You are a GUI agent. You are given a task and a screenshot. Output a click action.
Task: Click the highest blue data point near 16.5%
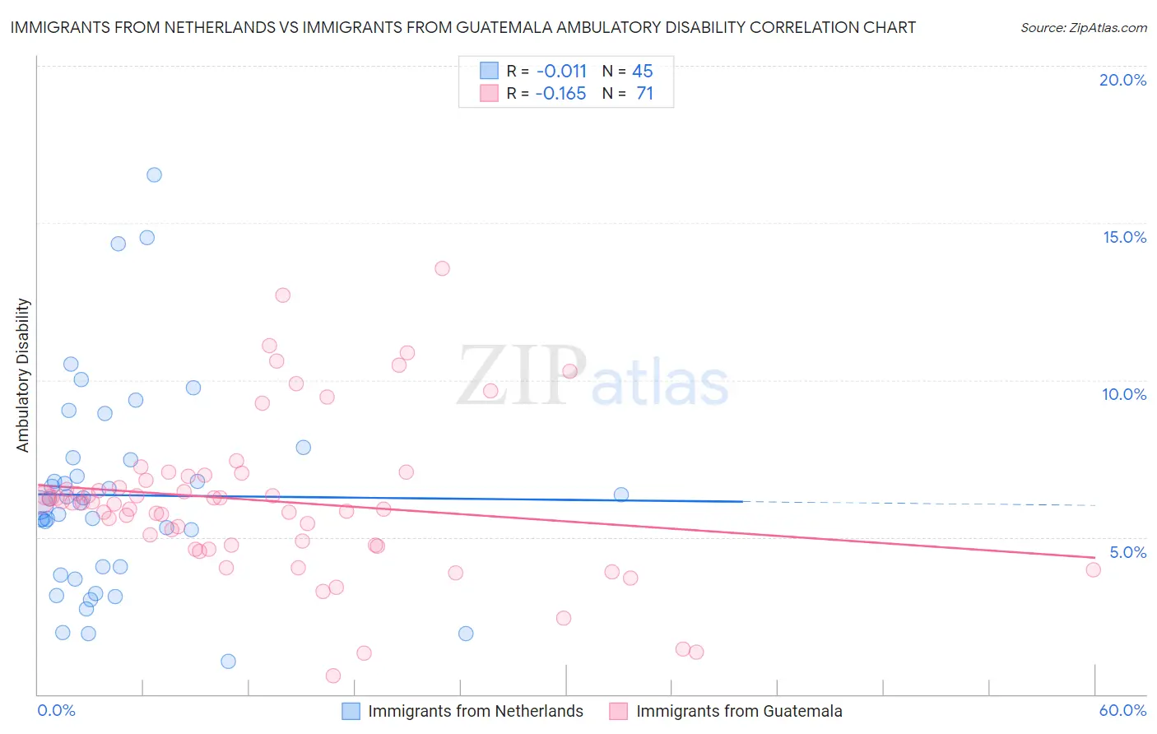[x=154, y=174]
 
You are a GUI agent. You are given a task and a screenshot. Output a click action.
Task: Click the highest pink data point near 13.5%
[x=442, y=268]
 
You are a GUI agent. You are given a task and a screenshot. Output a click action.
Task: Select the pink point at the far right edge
[x=1093, y=569]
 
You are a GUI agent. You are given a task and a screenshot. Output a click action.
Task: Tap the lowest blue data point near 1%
[x=228, y=662]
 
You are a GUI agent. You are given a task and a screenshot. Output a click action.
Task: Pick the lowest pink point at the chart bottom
[x=333, y=676]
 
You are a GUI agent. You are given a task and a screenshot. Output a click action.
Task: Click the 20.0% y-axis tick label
[x=1122, y=80]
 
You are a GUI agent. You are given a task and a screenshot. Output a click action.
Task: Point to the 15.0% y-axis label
[x=1124, y=237]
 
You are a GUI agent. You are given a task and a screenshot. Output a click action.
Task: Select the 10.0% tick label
[x=1124, y=394]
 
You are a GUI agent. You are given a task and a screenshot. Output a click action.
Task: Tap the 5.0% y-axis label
[x=1127, y=552]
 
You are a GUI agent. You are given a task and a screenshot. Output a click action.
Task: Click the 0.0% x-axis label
[x=56, y=710]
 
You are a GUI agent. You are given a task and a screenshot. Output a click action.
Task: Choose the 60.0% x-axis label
[x=1122, y=710]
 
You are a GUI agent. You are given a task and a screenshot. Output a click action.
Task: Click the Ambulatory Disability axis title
[x=23, y=375]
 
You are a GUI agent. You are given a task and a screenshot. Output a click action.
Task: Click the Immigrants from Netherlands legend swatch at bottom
[x=351, y=711]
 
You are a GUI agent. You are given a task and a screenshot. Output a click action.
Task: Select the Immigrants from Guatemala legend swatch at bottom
[x=619, y=711]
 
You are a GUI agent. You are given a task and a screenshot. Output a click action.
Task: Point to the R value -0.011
[x=561, y=72]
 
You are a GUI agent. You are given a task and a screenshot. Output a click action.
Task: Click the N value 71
[x=644, y=94]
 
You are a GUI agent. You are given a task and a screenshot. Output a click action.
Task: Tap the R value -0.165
[x=560, y=94]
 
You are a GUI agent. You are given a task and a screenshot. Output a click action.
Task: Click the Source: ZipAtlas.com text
[x=1083, y=28]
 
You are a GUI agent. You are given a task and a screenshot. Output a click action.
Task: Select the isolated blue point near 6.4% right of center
[x=621, y=495]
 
